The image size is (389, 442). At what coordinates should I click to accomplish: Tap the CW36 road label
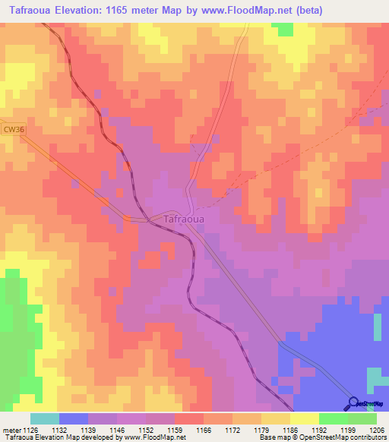(x=11, y=131)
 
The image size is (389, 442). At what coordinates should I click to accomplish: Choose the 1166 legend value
(x=204, y=431)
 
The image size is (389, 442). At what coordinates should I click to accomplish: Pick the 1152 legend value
(x=147, y=431)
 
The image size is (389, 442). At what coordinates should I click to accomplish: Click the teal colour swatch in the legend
(x=45, y=419)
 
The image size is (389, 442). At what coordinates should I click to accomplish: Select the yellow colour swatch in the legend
(x=305, y=419)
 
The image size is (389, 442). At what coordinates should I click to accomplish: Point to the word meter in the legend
(x=13, y=431)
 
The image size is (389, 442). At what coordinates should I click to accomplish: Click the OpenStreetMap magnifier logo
(x=353, y=403)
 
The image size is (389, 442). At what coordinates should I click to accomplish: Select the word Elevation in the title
(x=82, y=11)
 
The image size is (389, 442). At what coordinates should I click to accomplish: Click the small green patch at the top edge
(x=283, y=29)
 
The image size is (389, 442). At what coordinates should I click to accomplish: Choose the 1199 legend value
(x=347, y=431)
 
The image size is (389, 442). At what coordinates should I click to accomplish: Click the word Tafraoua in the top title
(x=30, y=11)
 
